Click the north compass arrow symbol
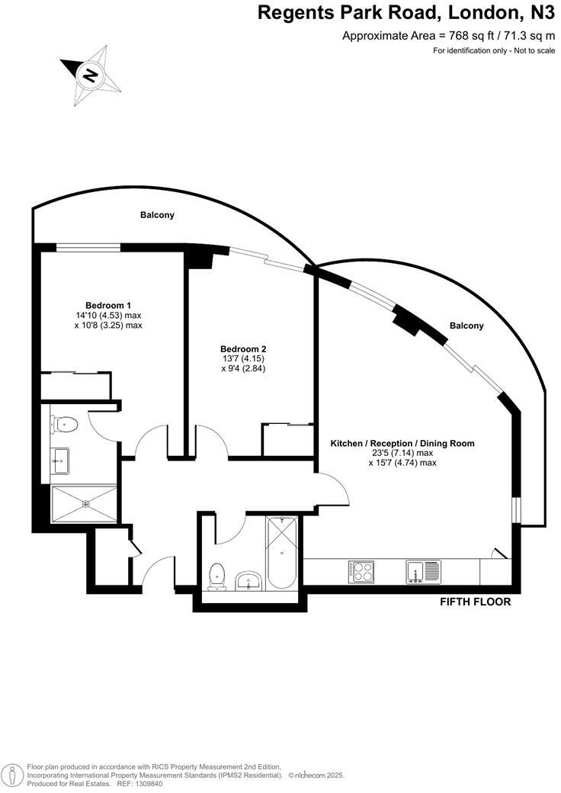[91, 75]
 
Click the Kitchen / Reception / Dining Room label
[402, 443]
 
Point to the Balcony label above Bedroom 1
[157, 215]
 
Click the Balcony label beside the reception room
[466, 326]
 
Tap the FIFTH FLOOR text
[475, 602]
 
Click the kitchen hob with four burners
[361, 572]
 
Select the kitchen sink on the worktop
[424, 571]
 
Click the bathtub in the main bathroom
[282, 553]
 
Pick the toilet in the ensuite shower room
[65, 423]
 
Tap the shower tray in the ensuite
[85, 503]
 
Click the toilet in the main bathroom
[217, 576]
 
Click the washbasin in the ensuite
[61, 459]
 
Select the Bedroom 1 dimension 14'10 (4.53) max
[114, 315]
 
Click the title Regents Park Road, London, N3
[406, 13]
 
